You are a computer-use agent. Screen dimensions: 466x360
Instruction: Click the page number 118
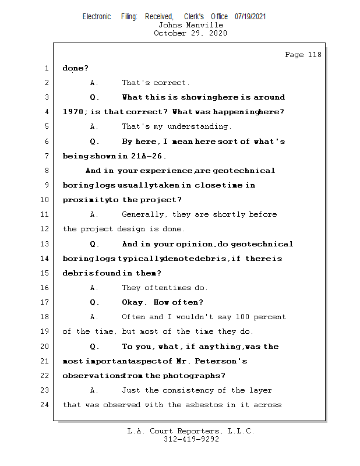pos(313,55)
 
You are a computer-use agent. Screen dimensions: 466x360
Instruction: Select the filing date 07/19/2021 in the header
pos(250,17)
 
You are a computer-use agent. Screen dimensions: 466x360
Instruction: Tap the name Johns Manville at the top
pos(190,25)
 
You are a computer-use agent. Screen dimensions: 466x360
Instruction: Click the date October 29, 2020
pos(190,33)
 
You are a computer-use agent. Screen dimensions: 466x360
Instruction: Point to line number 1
pos(47,68)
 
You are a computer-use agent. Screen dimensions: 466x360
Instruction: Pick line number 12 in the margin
pos(45,229)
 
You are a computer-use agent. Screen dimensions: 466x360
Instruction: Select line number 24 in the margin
pos(45,404)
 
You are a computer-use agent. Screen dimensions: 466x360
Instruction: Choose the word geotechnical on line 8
pos(244,171)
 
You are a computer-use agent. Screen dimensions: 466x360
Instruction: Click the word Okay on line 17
pos(134,302)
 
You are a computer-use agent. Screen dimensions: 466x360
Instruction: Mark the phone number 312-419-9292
pos(191,439)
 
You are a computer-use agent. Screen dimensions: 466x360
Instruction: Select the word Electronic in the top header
pos(97,17)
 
